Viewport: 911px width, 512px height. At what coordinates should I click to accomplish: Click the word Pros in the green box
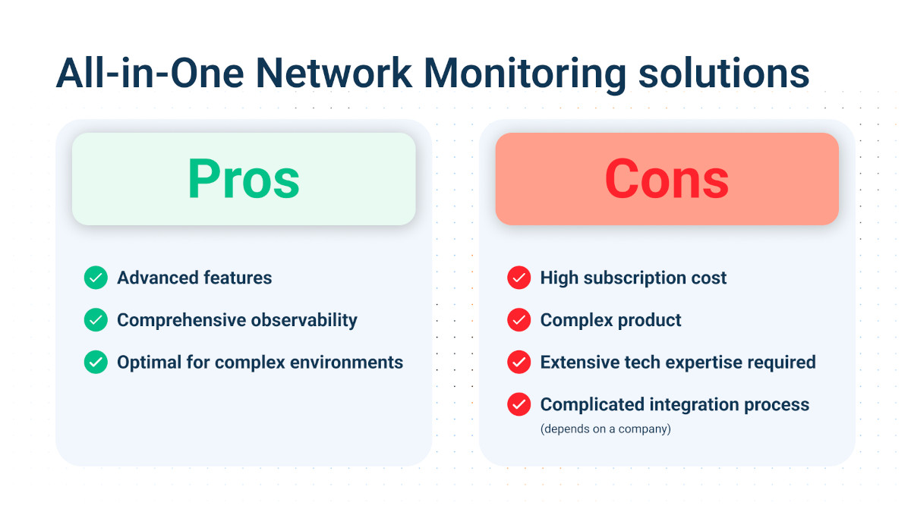point(244,179)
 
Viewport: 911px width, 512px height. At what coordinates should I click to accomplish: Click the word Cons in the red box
point(667,179)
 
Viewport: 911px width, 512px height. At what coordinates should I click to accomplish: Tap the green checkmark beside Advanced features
point(96,278)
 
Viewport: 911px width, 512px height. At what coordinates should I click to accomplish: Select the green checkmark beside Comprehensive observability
point(96,320)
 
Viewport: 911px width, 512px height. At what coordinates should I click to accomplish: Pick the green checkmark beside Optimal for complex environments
point(96,362)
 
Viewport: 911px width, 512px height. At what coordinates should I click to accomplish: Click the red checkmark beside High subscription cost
point(519,278)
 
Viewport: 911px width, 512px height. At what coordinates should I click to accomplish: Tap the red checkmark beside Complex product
point(519,320)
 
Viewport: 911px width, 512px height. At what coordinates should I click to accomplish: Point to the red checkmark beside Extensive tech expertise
point(519,362)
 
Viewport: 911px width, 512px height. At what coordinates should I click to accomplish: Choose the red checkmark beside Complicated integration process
point(519,404)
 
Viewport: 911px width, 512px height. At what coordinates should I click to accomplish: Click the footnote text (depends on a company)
point(605,429)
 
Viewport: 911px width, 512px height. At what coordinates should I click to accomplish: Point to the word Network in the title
point(334,74)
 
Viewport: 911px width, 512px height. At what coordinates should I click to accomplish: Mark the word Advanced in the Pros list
point(156,278)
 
